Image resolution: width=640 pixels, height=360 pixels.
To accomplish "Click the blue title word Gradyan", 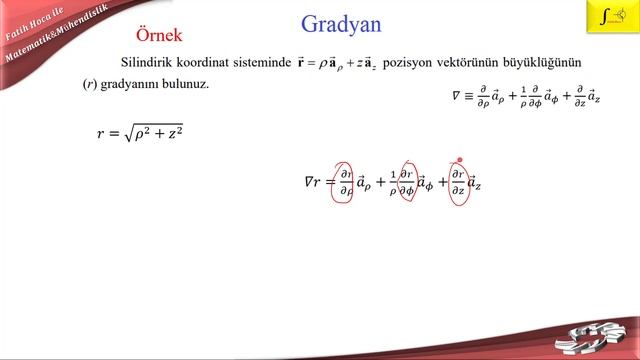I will click(x=340, y=24).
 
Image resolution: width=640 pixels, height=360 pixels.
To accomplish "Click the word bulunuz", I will click(x=184, y=84).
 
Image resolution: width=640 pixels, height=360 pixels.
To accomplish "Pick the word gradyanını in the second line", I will click(x=128, y=85).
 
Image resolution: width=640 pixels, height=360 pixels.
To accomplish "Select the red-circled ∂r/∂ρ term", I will click(x=346, y=182).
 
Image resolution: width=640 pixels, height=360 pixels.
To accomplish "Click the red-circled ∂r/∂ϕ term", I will click(x=407, y=182).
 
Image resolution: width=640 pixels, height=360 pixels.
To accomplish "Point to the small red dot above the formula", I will click(x=459, y=159).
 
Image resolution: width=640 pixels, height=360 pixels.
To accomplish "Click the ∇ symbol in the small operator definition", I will click(x=457, y=96).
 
